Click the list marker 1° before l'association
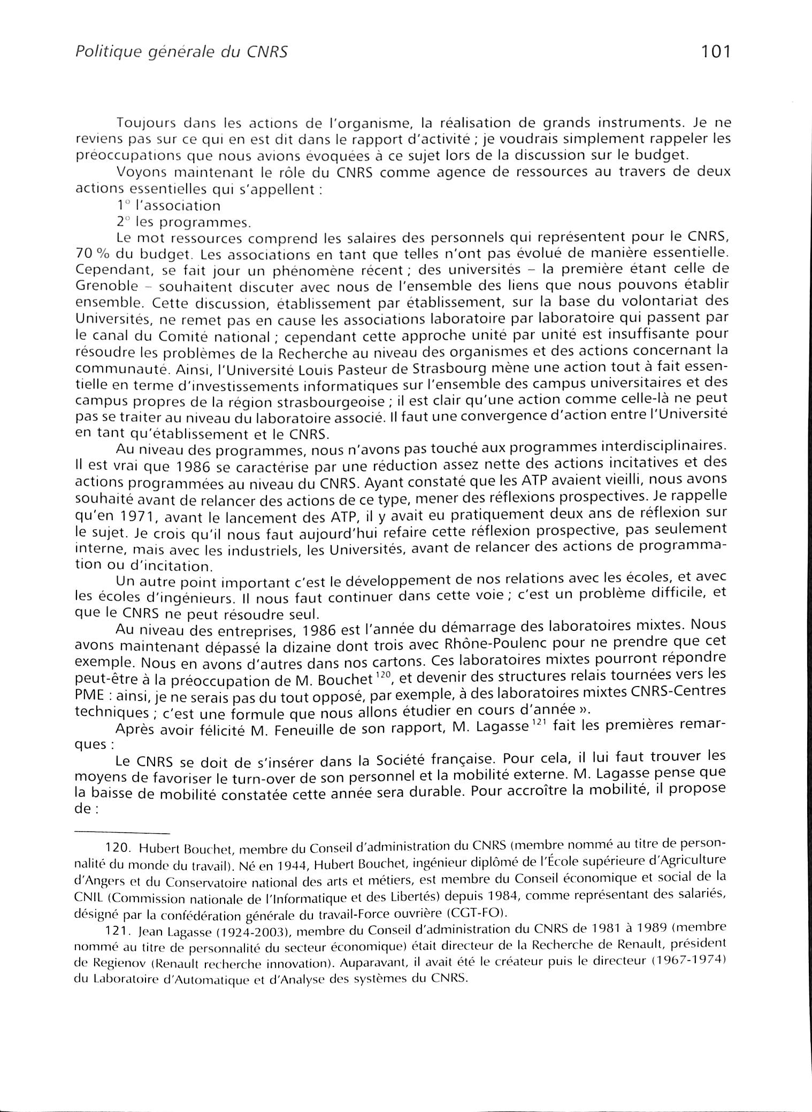pyautogui.click(x=122, y=205)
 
